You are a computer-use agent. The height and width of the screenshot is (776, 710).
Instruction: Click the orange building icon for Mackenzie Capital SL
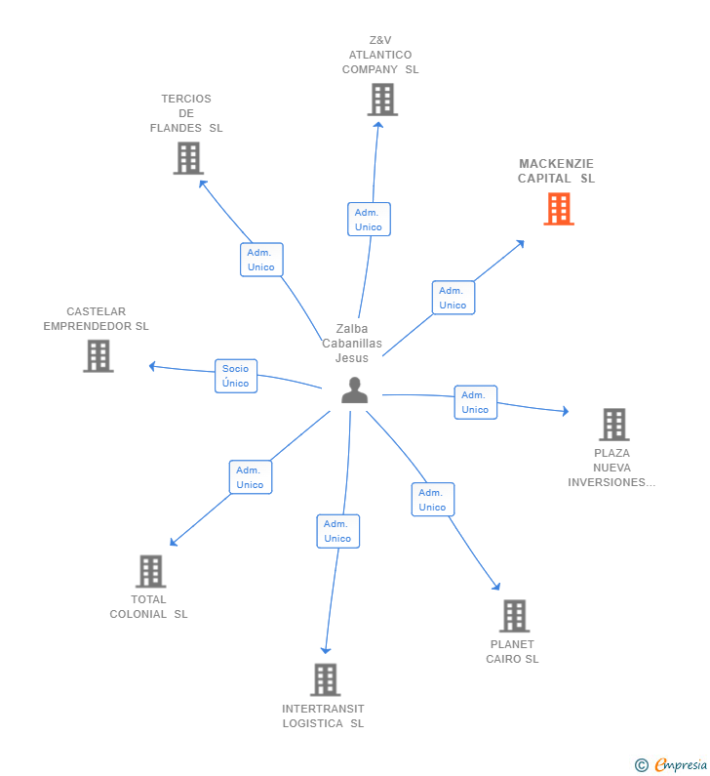(559, 209)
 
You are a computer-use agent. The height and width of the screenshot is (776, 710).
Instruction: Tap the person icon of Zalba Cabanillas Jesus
(355, 390)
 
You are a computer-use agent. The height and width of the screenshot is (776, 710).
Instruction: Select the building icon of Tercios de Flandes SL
(188, 158)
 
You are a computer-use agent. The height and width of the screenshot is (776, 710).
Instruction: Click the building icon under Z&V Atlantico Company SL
(382, 100)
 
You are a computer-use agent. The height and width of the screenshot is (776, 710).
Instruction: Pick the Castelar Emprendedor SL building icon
(99, 356)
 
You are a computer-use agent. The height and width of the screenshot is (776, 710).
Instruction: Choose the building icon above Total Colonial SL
(150, 571)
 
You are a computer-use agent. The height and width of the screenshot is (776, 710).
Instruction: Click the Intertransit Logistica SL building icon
(325, 679)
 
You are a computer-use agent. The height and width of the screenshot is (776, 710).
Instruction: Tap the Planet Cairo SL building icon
(514, 616)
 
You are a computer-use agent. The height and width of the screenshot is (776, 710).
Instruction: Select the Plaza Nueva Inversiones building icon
(613, 425)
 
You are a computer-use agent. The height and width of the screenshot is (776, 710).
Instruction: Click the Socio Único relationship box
(236, 376)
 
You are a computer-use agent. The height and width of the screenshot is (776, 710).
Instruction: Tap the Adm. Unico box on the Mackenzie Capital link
(454, 298)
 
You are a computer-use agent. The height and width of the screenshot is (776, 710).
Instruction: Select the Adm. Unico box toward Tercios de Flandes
(261, 260)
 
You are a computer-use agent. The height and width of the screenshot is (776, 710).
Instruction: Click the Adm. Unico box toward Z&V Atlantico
(369, 220)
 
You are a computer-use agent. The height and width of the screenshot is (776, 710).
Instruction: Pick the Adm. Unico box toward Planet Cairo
(433, 500)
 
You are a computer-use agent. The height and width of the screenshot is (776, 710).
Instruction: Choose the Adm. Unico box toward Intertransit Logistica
(338, 531)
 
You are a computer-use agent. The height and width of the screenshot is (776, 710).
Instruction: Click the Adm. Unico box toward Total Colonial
(251, 477)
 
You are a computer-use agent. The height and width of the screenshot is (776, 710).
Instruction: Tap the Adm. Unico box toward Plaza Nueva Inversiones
(476, 402)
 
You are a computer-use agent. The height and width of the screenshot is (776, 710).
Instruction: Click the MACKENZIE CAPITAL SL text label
(556, 171)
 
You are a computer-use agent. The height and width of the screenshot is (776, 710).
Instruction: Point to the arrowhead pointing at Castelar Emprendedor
(152, 366)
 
